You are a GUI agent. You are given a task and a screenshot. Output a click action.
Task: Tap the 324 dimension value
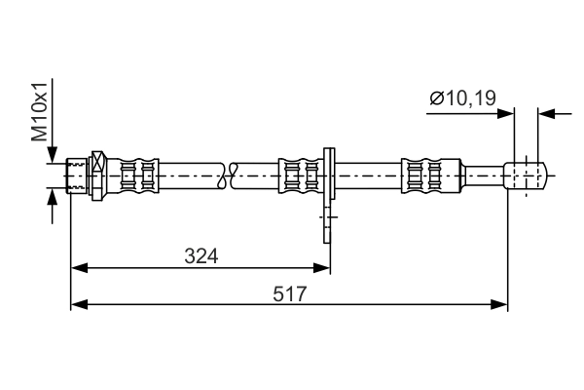tap(201, 256)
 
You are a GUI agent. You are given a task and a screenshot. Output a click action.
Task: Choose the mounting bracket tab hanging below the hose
tap(329, 219)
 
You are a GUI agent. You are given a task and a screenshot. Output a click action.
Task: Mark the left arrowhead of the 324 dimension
tap(79, 266)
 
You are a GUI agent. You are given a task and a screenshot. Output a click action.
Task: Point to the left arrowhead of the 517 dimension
tap(79, 305)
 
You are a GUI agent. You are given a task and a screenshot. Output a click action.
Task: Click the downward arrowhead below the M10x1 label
tap(51, 155)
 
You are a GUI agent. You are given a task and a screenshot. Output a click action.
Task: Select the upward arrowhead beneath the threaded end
tap(51, 198)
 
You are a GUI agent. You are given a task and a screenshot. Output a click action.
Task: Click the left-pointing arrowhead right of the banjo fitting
tap(547, 114)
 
